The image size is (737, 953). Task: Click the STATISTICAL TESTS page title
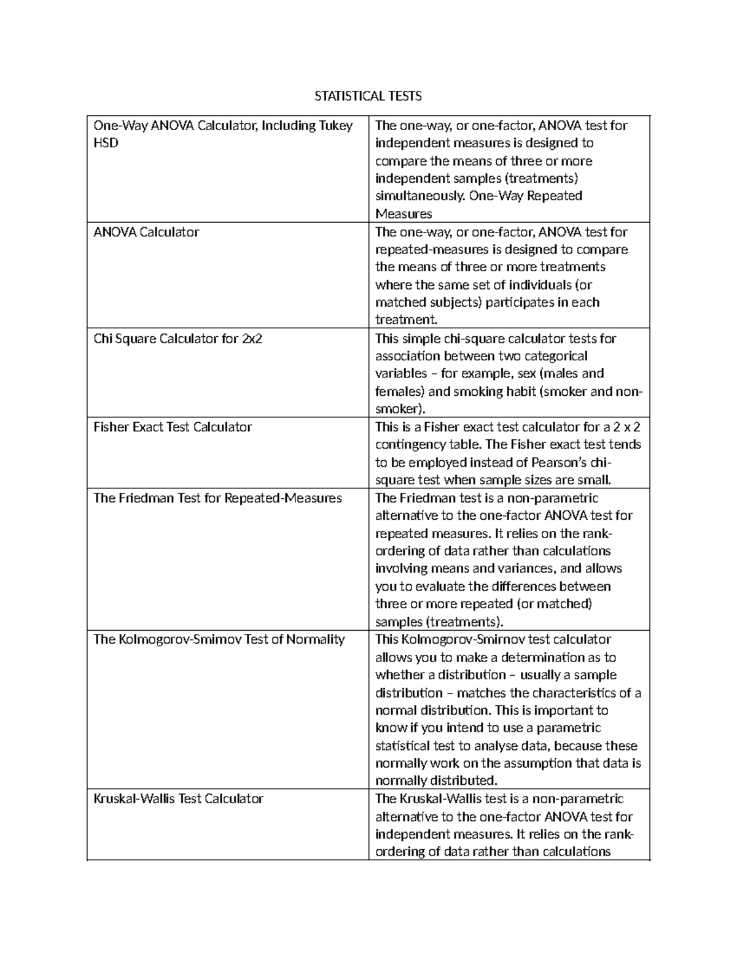pyautogui.click(x=368, y=96)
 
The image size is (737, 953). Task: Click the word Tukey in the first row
pyautogui.click(x=335, y=126)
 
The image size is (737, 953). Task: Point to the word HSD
pyautogui.click(x=106, y=143)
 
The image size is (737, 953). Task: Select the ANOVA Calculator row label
pyautogui.click(x=146, y=232)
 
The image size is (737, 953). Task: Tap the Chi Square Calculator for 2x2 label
pyautogui.click(x=177, y=339)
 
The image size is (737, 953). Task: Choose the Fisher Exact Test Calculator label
pyautogui.click(x=173, y=427)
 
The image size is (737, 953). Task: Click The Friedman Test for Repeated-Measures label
pyautogui.click(x=217, y=498)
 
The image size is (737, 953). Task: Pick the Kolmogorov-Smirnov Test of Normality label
pyautogui.click(x=219, y=639)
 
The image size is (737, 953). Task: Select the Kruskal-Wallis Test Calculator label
pyautogui.click(x=178, y=799)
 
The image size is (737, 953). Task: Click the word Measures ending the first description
pyautogui.click(x=404, y=214)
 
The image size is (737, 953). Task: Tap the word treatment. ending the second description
pyautogui.click(x=406, y=320)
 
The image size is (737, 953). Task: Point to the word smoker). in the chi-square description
pyautogui.click(x=400, y=409)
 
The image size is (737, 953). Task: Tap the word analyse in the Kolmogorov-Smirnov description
pyautogui.click(x=497, y=746)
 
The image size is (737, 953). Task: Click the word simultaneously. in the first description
pyautogui.click(x=420, y=196)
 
